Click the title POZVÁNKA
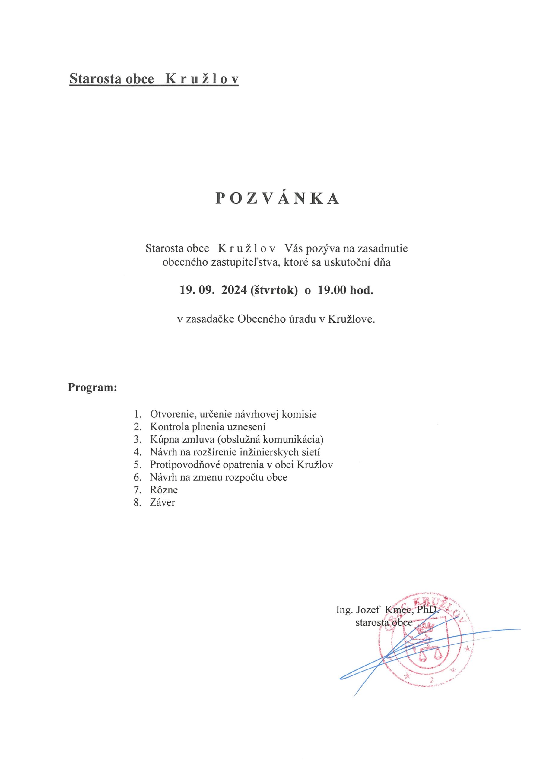[x=277, y=199]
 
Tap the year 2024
[x=234, y=290]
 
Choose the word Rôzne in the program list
[x=164, y=490]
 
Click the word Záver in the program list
[x=163, y=503]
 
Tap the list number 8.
[x=137, y=503]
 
